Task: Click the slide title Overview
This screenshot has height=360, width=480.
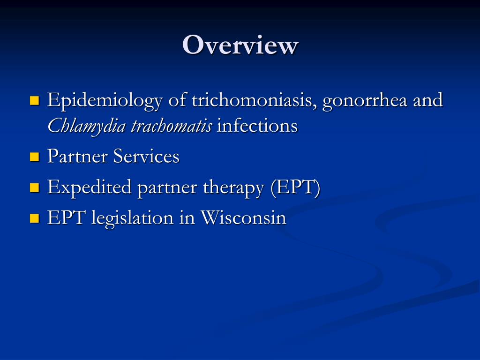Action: (x=240, y=45)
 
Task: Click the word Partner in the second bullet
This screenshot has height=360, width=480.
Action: (x=77, y=157)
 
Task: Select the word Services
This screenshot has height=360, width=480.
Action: (x=146, y=157)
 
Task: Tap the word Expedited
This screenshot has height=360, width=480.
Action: (x=90, y=187)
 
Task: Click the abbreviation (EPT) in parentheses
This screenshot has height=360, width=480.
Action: (x=295, y=187)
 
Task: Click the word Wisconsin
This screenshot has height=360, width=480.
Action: (x=243, y=218)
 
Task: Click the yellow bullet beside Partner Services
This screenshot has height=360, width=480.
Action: (x=34, y=157)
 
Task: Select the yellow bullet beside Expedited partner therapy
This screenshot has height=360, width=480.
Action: (x=34, y=188)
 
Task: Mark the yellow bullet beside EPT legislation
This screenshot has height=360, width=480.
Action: (x=34, y=218)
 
